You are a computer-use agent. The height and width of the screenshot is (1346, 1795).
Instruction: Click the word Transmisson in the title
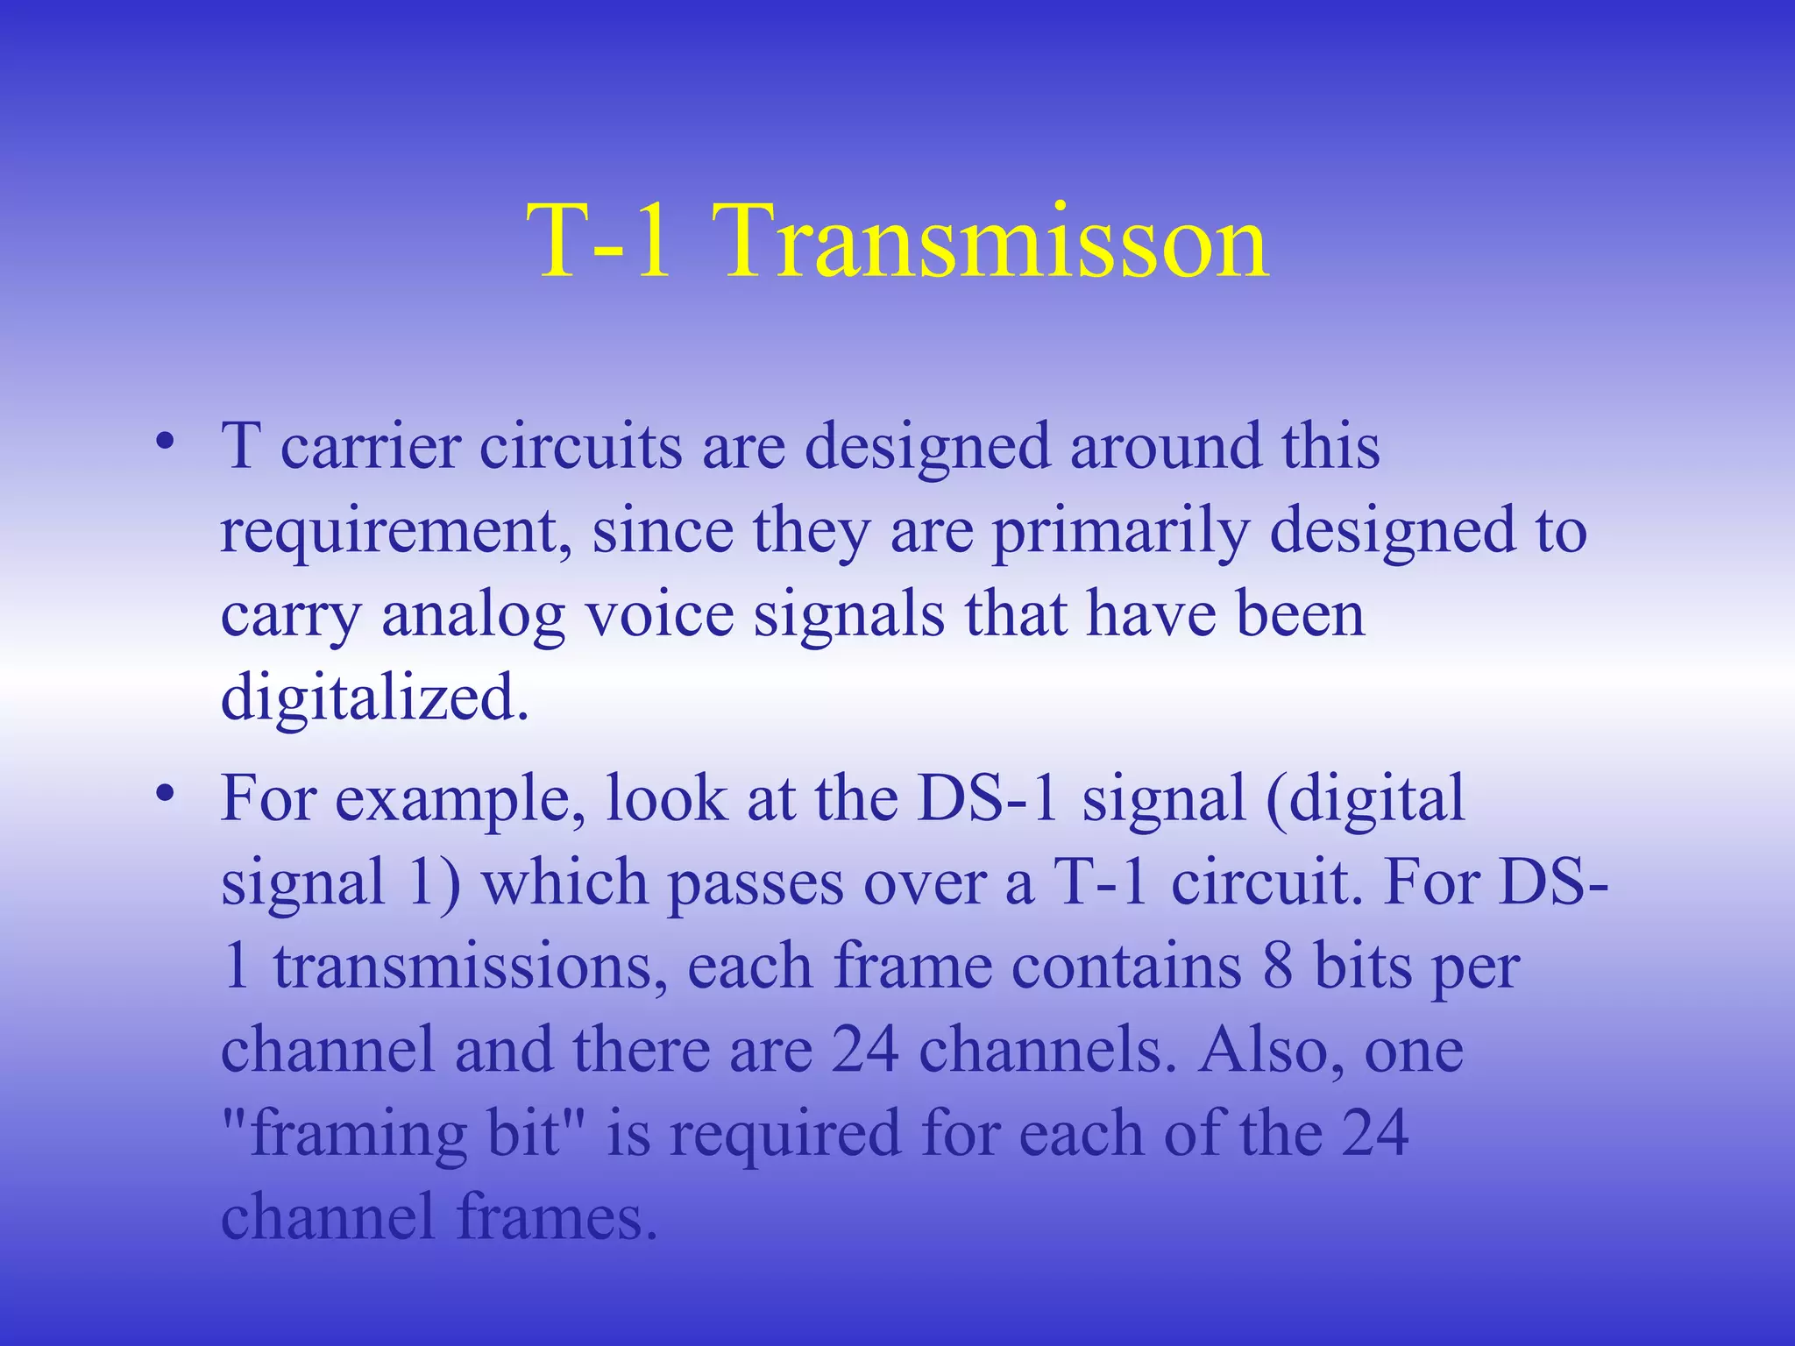(x=995, y=241)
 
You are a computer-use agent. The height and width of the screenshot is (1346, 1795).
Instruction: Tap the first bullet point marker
(x=164, y=441)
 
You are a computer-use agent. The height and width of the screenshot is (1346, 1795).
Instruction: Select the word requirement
(x=389, y=533)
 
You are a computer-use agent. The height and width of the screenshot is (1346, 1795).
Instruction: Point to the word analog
(x=473, y=616)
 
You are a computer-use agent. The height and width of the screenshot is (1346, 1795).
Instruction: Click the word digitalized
(x=374, y=698)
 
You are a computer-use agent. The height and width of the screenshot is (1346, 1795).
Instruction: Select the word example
(x=459, y=801)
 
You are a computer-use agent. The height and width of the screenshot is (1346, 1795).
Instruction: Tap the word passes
(x=756, y=883)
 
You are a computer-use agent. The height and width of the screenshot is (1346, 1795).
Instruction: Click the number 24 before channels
(x=864, y=1050)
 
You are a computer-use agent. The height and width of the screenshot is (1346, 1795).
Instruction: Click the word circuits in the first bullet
(x=580, y=447)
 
